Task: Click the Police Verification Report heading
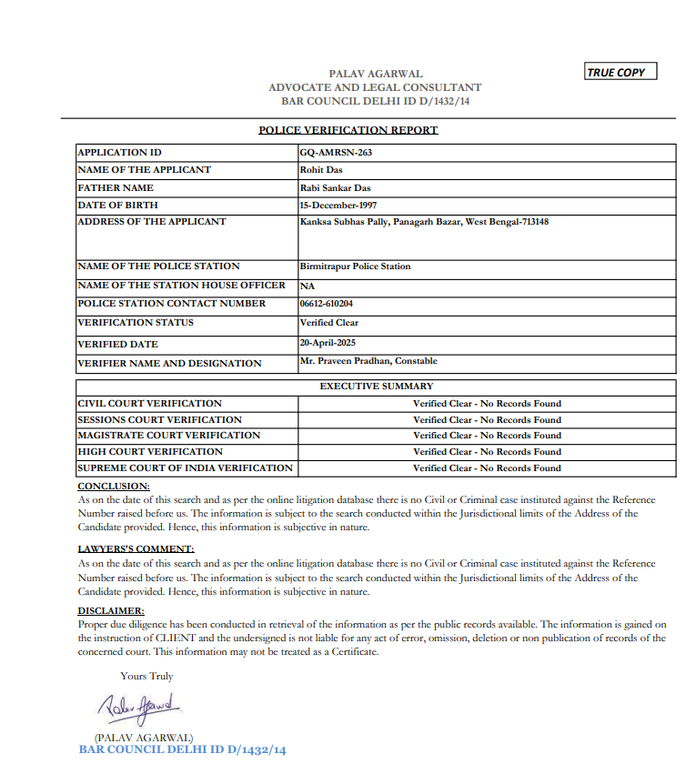[x=348, y=130]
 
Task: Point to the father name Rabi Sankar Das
[x=335, y=187]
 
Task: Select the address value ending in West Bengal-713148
[x=424, y=221]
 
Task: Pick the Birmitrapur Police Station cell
[x=355, y=266]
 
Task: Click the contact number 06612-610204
[x=327, y=304]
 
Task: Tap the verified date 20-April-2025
[x=328, y=343]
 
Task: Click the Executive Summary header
[x=376, y=387]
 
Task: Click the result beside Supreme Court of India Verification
[x=487, y=468]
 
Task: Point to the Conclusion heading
[x=114, y=487]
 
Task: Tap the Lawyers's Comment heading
[x=136, y=549]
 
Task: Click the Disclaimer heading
[x=111, y=611]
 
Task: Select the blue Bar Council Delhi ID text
[x=182, y=750]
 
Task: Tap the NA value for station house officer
[x=307, y=286]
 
